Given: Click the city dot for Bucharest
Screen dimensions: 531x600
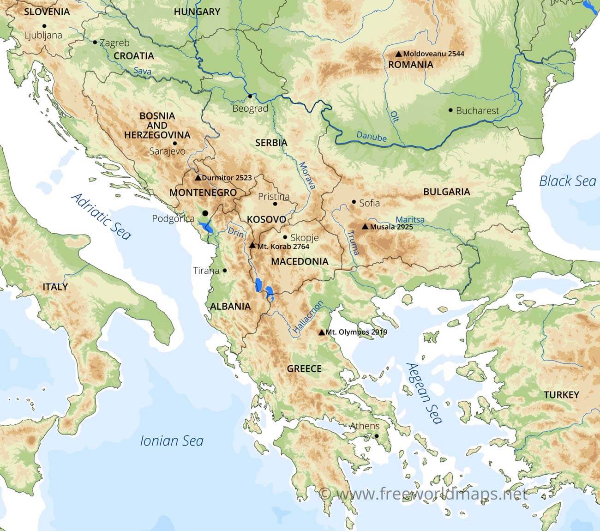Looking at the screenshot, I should click(x=450, y=110).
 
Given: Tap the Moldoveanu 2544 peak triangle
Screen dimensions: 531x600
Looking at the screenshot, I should click(x=398, y=54).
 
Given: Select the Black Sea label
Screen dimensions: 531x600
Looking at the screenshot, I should click(x=567, y=181).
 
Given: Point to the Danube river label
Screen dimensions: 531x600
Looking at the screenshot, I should click(x=371, y=136).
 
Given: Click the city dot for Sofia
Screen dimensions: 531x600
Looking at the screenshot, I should click(x=354, y=202).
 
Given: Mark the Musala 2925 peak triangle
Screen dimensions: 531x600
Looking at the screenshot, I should click(x=365, y=227).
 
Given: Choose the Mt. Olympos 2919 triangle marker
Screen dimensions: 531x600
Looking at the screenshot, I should click(x=321, y=332).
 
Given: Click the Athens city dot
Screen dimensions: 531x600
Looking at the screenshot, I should click(x=377, y=436).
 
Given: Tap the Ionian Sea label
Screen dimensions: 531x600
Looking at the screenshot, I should click(x=171, y=441).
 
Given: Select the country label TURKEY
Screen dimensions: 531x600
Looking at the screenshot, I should click(x=561, y=395).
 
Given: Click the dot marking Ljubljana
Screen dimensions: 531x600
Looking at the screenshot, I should click(x=44, y=26).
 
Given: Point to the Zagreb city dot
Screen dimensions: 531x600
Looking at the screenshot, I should click(x=95, y=42).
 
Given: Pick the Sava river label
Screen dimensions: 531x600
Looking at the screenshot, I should click(x=142, y=71).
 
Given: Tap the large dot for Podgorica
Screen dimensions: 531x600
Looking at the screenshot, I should click(x=205, y=213).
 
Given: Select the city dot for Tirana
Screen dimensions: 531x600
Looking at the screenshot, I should click(x=225, y=271).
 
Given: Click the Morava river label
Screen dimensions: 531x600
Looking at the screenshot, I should click(x=306, y=176).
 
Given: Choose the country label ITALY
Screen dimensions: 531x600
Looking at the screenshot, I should click(x=55, y=287).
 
